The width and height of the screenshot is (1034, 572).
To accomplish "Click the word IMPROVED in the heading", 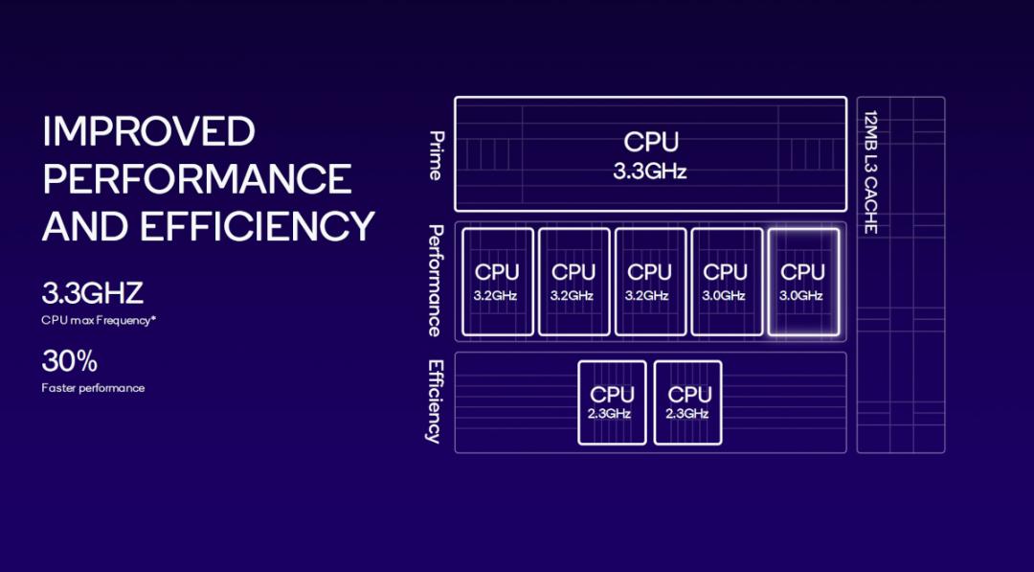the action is click(148, 131).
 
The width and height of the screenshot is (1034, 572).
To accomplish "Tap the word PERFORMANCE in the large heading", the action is click(197, 179).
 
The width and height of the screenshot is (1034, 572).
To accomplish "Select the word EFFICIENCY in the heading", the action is click(258, 226).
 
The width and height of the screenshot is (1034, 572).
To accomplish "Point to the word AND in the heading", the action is click(86, 226).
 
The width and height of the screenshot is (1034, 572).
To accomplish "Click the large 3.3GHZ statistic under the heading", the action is click(92, 293).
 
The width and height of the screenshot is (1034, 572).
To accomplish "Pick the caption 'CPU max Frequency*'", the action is click(99, 321).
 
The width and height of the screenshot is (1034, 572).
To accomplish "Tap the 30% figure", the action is click(69, 361).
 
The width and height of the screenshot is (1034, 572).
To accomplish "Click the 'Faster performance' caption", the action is click(93, 388).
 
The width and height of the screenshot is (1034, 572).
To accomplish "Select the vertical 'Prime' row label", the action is click(437, 156).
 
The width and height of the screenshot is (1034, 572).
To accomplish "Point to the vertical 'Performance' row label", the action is click(436, 281).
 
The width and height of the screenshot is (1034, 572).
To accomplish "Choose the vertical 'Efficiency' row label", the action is click(435, 401).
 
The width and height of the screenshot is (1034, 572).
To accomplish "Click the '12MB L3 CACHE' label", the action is click(869, 172).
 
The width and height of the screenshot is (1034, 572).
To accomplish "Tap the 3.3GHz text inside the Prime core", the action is click(650, 172).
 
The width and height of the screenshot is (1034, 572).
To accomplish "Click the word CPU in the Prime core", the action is click(651, 142).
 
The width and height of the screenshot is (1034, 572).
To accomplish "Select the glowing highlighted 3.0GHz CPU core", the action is click(803, 283).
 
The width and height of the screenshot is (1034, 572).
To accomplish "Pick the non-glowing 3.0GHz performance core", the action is click(727, 283).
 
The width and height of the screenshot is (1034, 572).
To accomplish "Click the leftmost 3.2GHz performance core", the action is click(497, 283).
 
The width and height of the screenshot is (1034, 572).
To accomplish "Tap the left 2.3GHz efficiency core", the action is click(612, 402).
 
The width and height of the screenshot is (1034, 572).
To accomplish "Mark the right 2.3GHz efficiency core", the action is click(687, 402).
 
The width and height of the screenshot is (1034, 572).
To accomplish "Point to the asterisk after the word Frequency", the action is click(154, 319).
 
